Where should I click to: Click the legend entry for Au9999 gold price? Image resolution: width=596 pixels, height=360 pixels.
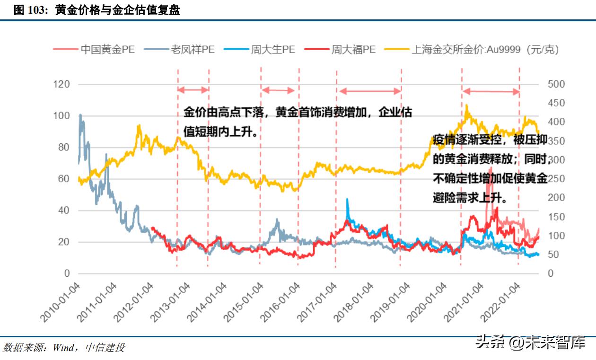pyautogui.click(x=485, y=49)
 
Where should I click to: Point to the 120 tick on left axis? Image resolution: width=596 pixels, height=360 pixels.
pyautogui.click(x=61, y=84)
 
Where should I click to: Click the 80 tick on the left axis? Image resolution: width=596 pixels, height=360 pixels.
pyautogui.click(x=64, y=148)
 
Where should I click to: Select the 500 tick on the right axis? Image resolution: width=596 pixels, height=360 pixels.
pyautogui.click(x=556, y=84)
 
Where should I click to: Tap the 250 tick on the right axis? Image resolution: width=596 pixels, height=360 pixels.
pyautogui.click(x=556, y=179)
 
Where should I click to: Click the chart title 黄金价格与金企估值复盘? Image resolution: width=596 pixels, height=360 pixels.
pyautogui.click(x=118, y=10)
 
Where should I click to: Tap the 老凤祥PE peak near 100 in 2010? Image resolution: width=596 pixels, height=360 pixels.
pyautogui.click(x=80, y=115)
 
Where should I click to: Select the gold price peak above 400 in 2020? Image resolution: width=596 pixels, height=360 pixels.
pyautogui.click(x=466, y=105)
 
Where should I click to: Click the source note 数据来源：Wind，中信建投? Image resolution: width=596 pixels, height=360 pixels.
pyautogui.click(x=64, y=348)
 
